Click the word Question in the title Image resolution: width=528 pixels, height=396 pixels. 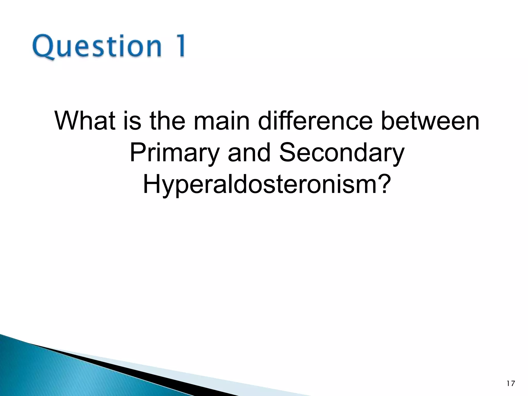[97, 46]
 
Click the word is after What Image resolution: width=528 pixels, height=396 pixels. [132, 121]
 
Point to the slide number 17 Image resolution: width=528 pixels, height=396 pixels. [511, 384]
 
